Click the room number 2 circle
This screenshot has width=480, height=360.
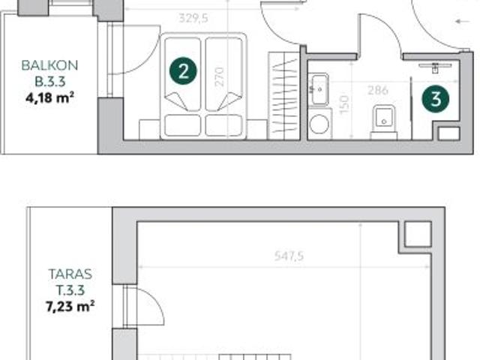[x=184, y=72]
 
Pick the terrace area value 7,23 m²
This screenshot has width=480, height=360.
[x=69, y=305]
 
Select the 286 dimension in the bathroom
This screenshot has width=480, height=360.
[x=377, y=91]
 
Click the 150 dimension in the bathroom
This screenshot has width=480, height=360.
[x=344, y=103]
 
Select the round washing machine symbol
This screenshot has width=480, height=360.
[x=320, y=121]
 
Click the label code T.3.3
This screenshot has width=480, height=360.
[x=69, y=289]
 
